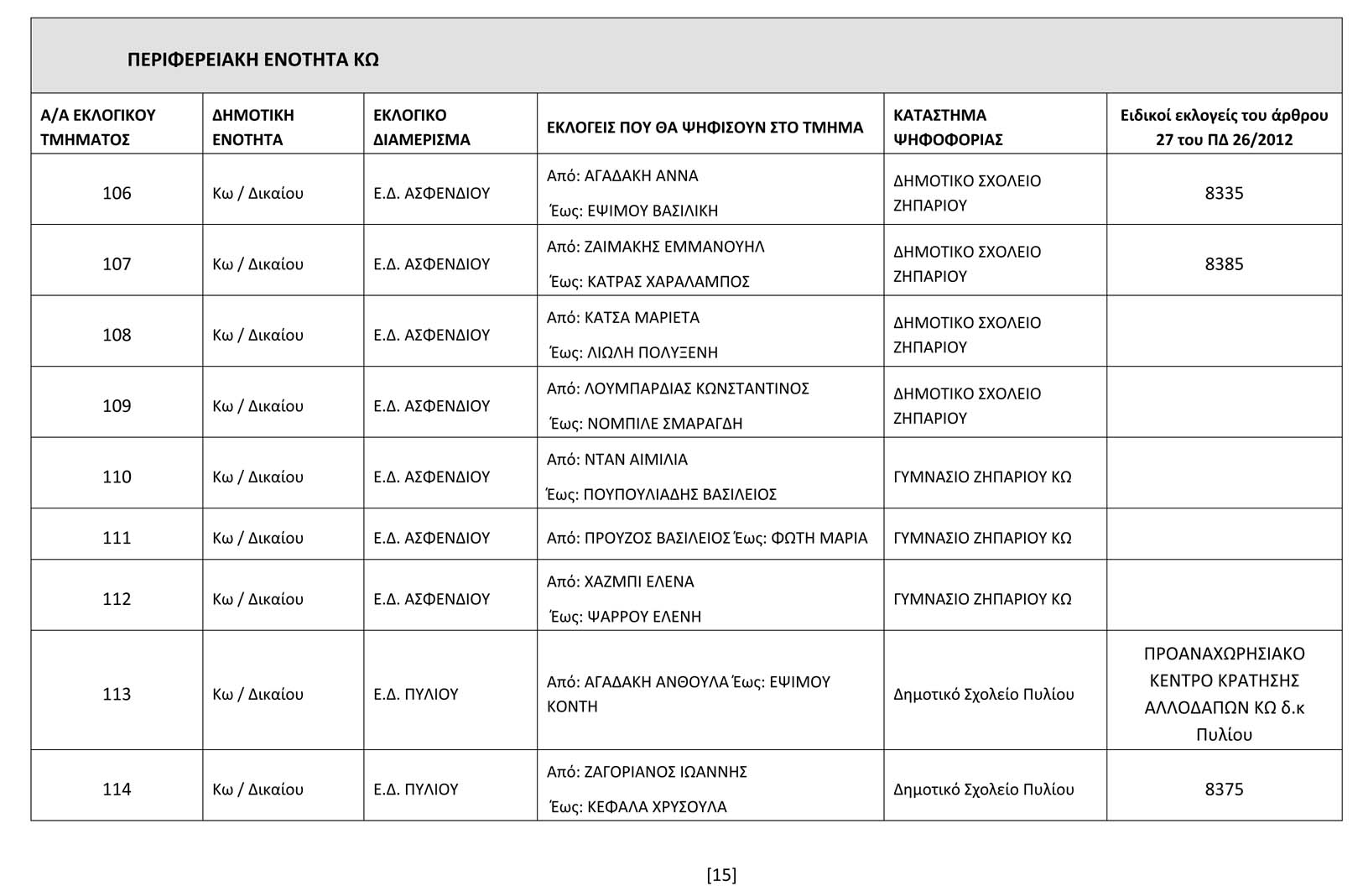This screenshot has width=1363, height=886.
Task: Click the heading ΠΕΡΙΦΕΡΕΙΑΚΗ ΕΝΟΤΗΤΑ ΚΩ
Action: pyautogui.click(x=252, y=60)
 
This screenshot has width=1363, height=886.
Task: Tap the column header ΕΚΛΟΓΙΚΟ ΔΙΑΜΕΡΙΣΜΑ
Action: pyautogui.click(x=421, y=127)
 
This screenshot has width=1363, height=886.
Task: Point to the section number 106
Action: pyautogui.click(x=117, y=193)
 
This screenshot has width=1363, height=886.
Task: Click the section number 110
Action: pyautogui.click(x=117, y=477)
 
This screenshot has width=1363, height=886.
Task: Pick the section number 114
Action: pyautogui.click(x=117, y=789)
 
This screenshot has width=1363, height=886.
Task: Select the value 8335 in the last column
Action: pyautogui.click(x=1224, y=193)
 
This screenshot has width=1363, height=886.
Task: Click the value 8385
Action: pyautogui.click(x=1224, y=263)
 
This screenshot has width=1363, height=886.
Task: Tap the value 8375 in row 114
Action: pyautogui.click(x=1224, y=789)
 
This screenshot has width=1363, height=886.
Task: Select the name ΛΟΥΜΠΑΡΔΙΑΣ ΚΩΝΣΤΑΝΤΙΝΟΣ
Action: pyautogui.click(x=696, y=388)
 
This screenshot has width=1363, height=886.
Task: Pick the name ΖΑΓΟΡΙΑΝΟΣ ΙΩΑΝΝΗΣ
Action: pyautogui.click(x=665, y=771)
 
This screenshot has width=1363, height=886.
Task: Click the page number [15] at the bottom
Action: pyautogui.click(x=721, y=874)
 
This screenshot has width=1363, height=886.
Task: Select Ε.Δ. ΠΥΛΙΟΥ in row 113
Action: pyautogui.click(x=416, y=694)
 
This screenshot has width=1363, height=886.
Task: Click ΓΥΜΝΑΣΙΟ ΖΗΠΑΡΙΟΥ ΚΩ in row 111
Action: pyautogui.click(x=982, y=538)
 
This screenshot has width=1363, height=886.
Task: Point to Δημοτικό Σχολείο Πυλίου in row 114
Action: pyautogui.click(x=983, y=789)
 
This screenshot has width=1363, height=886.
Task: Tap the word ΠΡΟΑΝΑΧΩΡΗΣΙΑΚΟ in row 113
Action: pyautogui.click(x=1224, y=654)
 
